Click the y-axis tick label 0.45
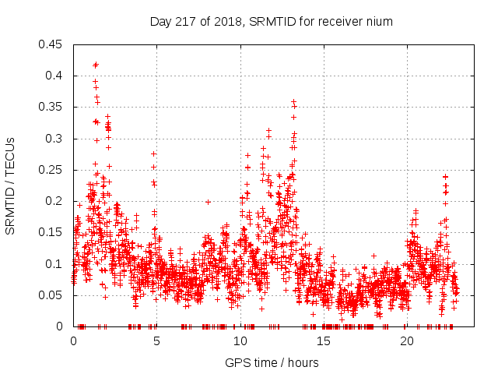click(51, 44)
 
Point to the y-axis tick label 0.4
click(54, 76)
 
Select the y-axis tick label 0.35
click(51, 107)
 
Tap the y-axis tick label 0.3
click(54, 139)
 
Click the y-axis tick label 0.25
click(51, 170)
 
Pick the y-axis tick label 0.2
click(54, 201)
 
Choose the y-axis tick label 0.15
click(51, 232)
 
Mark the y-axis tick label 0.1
click(54, 264)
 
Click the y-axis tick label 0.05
click(51, 295)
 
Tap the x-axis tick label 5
click(157, 341)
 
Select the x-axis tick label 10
click(240, 341)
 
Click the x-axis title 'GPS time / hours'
click(272, 362)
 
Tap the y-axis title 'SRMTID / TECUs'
click(10, 185)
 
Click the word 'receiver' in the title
click(340, 22)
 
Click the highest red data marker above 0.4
click(96, 65)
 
